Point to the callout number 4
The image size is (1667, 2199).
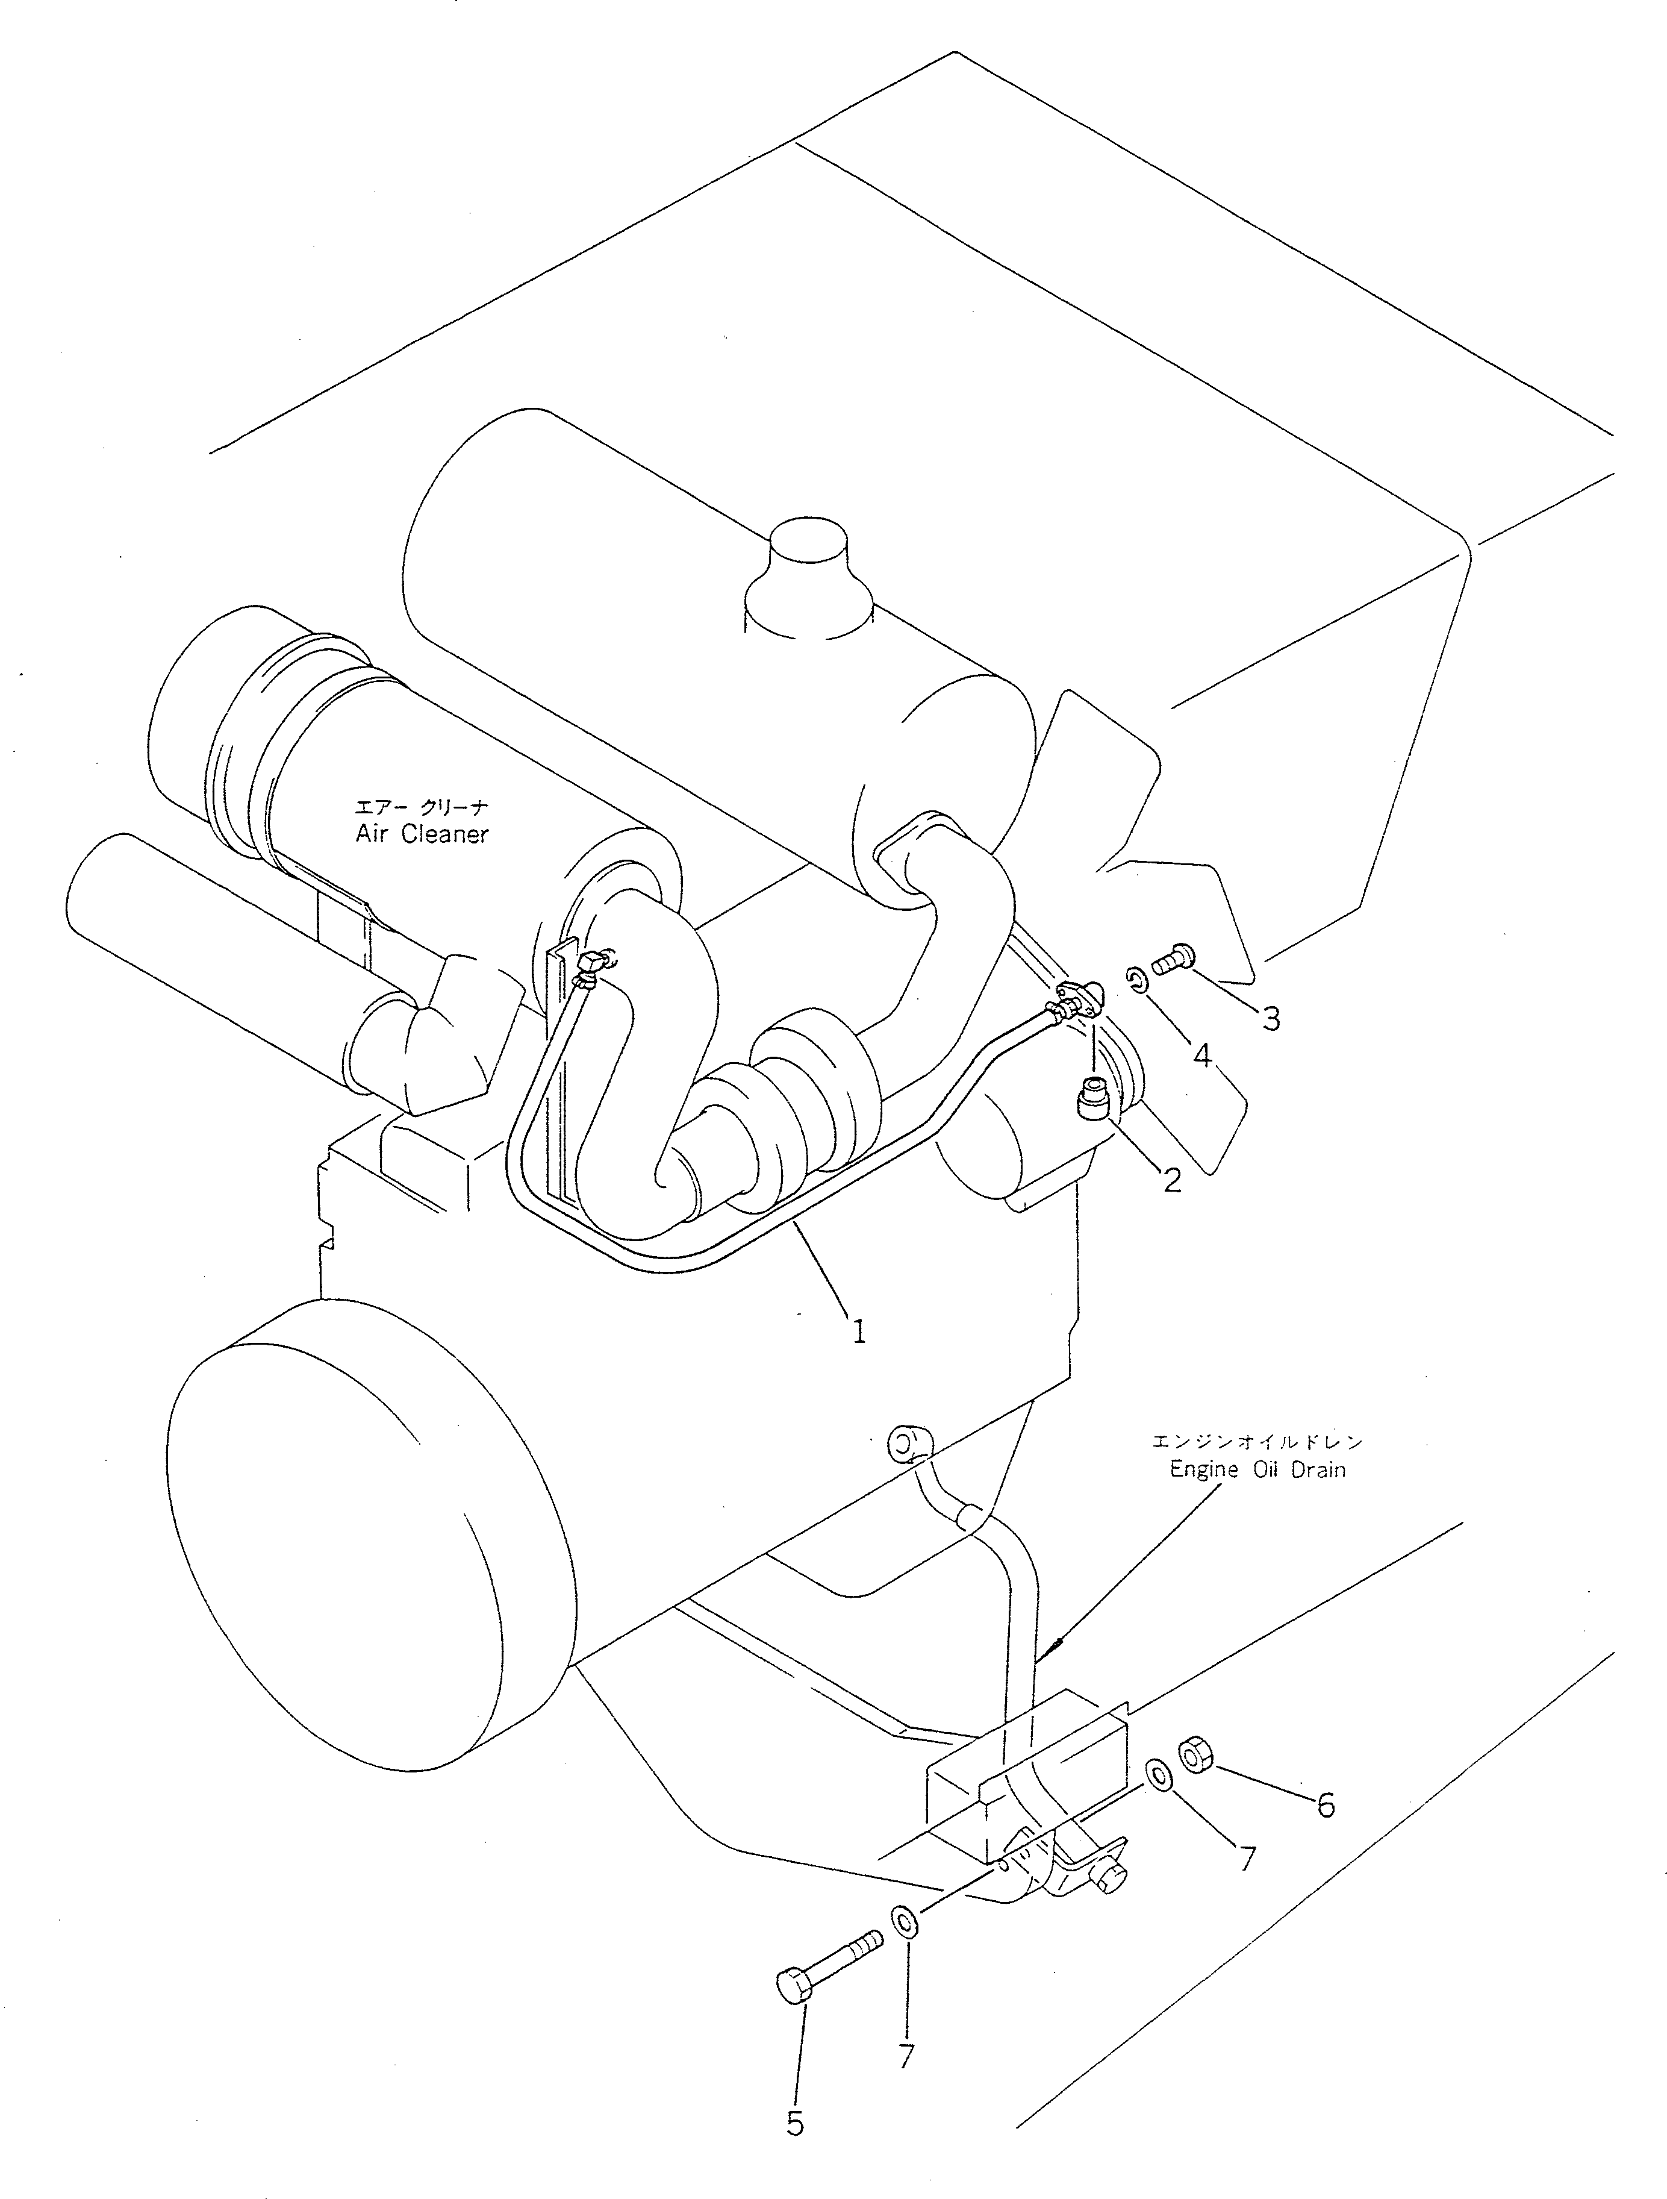(x=1203, y=1056)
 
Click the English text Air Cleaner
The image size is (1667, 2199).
(x=422, y=834)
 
